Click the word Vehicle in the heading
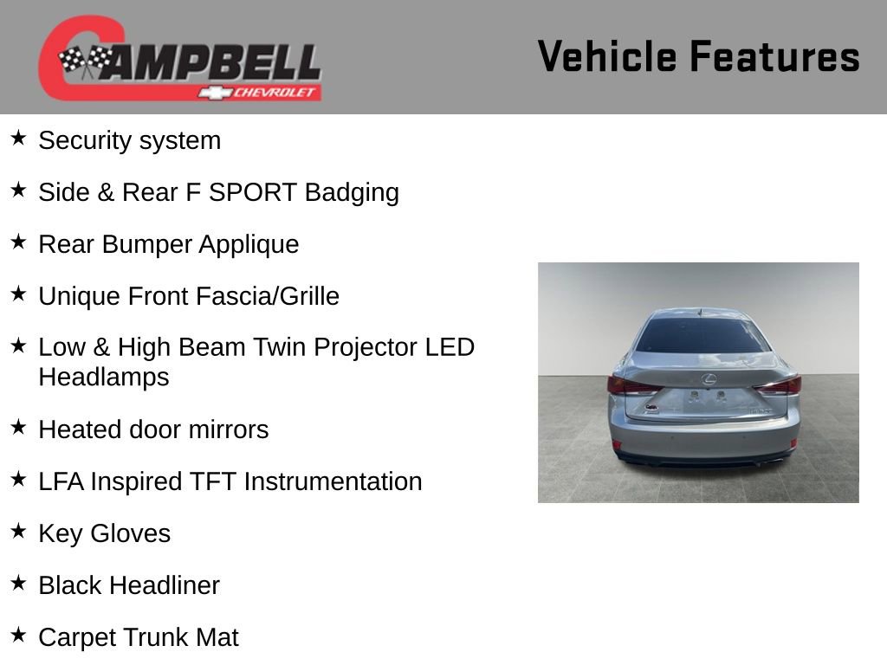[607, 56]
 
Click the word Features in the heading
[775, 56]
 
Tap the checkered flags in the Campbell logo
[86, 61]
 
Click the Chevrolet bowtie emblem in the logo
[215, 92]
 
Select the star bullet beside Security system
[18, 138]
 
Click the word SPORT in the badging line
[253, 192]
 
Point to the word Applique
[249, 245]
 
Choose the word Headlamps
[104, 378]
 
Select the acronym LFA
[62, 481]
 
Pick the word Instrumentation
[333, 481]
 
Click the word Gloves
[130, 533]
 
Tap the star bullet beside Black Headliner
[18, 583]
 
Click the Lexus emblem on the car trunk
[709, 379]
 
